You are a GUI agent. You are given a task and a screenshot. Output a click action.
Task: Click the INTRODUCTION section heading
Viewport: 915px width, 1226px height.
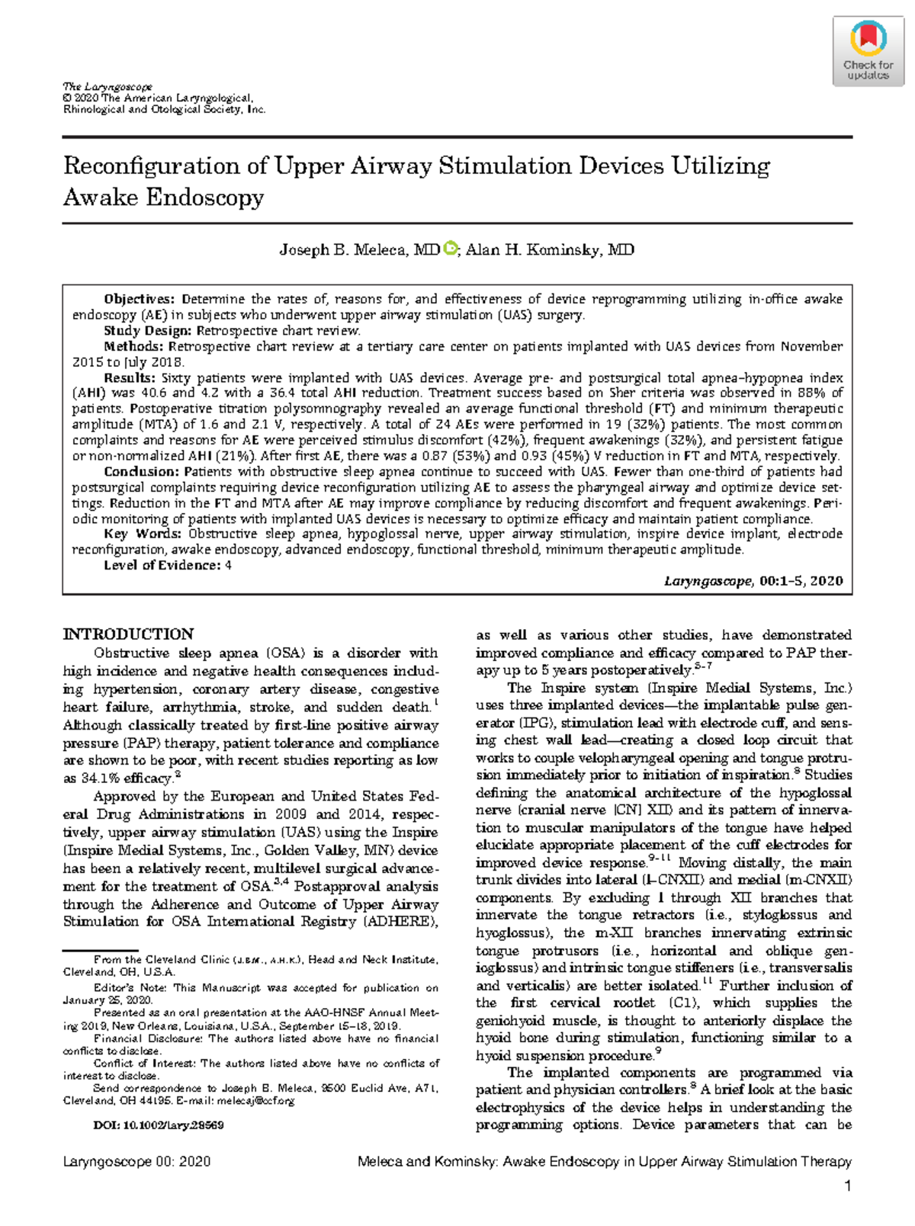(128, 634)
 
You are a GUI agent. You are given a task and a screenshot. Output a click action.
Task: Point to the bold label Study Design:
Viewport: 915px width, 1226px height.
(149, 331)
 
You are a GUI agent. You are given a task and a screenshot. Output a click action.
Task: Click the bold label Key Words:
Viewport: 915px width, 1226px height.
(144, 534)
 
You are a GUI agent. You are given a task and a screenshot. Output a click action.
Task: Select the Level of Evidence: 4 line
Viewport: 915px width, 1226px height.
(168, 565)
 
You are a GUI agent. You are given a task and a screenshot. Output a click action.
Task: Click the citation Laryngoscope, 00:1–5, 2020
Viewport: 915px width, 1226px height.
(753, 581)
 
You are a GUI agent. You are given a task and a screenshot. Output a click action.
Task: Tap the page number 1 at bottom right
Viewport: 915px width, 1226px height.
(847, 1186)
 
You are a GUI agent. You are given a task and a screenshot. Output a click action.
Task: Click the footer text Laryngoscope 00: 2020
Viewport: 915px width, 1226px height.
(136, 1162)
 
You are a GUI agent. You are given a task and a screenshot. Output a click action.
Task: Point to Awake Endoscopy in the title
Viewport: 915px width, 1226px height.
(163, 197)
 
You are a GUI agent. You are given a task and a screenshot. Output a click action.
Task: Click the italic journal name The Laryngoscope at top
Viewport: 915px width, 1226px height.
(108, 87)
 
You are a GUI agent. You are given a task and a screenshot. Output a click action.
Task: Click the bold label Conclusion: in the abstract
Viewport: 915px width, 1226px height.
(143, 471)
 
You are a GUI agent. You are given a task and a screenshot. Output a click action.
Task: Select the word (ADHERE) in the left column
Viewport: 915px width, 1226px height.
(400, 922)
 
